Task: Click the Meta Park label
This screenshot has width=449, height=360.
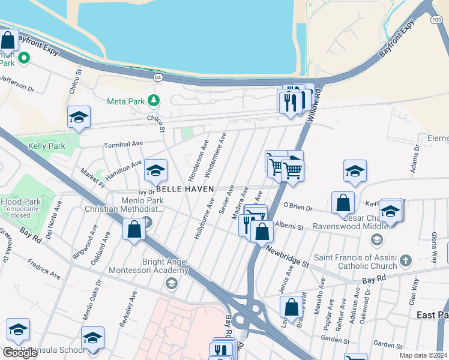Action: (x=125, y=101)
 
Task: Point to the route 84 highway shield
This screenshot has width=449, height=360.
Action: (x=157, y=77)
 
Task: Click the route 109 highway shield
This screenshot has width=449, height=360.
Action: (x=436, y=20)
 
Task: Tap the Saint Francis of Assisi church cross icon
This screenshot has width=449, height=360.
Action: (x=406, y=260)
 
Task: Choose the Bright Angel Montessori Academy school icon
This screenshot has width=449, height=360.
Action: (x=172, y=282)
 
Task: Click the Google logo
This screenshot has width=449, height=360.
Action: (x=19, y=352)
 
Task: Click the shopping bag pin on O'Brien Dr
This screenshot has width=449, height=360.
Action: (x=343, y=203)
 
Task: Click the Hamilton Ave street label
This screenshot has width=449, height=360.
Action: (x=123, y=170)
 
